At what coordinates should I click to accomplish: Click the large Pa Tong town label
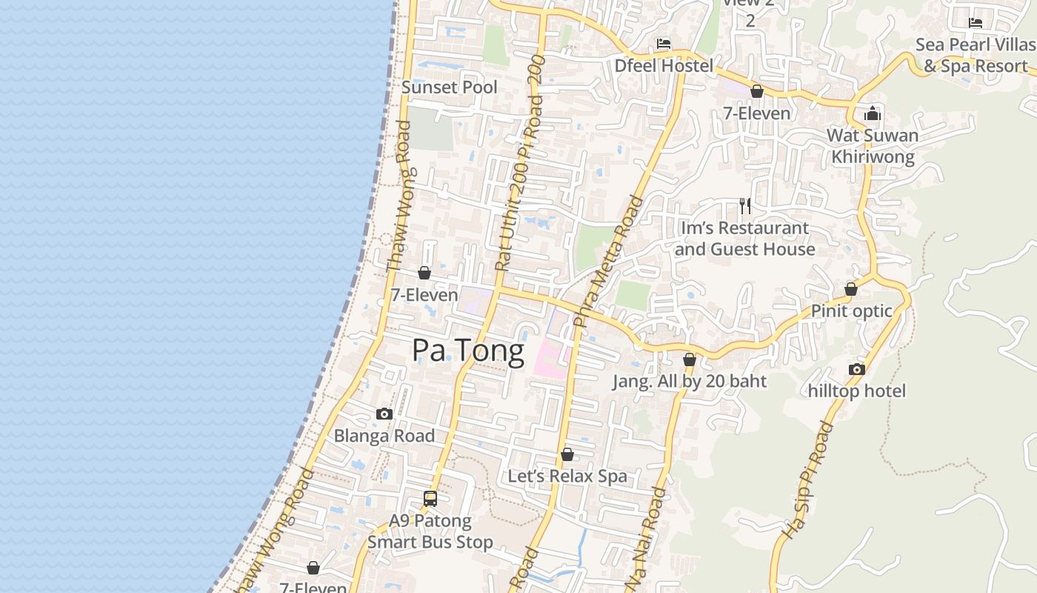click(x=468, y=350)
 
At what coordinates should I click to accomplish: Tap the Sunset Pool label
click(x=450, y=87)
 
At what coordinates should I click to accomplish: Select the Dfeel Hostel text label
click(x=664, y=65)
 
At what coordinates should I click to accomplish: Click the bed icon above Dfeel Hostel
click(x=664, y=44)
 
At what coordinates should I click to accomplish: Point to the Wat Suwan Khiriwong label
click(x=873, y=146)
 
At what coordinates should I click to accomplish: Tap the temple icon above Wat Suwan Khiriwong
click(x=873, y=113)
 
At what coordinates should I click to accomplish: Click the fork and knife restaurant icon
click(x=744, y=205)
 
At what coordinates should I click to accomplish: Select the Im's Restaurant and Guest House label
click(x=744, y=239)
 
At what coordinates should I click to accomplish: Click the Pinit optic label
click(x=852, y=311)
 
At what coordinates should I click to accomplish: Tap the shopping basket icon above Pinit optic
click(x=851, y=289)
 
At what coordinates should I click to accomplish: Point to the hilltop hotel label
click(x=857, y=391)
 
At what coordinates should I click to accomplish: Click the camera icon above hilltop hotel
click(x=857, y=369)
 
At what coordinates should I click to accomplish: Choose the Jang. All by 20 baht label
click(x=690, y=381)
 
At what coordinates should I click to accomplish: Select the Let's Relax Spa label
click(x=567, y=476)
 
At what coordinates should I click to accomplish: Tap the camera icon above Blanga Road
click(x=384, y=414)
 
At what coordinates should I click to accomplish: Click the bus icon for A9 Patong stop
click(x=430, y=499)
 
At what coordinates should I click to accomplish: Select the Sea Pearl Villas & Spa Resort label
click(x=975, y=55)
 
